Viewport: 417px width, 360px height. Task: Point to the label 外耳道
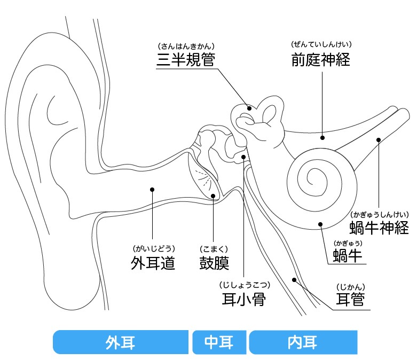click(153, 263)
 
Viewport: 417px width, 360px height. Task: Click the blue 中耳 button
click(219, 342)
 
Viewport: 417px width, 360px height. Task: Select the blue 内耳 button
click(302, 342)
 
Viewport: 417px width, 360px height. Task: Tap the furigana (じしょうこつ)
click(243, 284)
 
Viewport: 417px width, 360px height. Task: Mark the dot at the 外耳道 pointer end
click(152, 189)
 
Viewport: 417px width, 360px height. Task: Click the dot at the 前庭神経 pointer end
click(322, 137)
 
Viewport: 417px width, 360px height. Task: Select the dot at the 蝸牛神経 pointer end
click(378, 140)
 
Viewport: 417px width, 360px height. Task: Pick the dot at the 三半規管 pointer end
click(249, 108)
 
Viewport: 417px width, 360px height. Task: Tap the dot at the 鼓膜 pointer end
click(213, 196)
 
